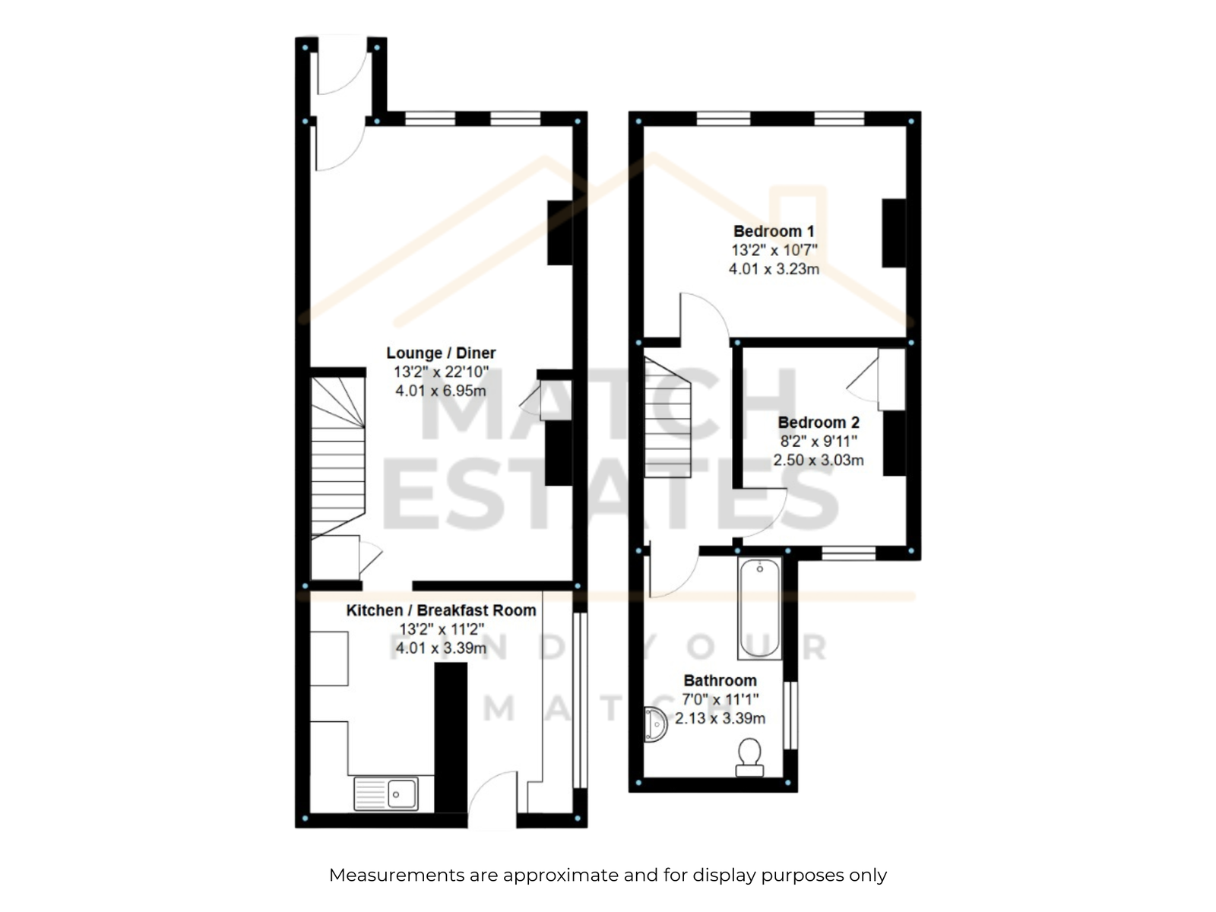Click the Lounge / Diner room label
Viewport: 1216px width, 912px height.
(440, 353)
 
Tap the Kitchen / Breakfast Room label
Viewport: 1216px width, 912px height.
(441, 610)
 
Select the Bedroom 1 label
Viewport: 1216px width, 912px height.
(774, 231)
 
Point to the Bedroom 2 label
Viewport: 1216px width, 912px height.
(819, 423)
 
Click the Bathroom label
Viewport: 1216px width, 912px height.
(720, 680)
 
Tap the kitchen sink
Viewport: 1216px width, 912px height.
(385, 794)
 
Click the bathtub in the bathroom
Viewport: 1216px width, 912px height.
(759, 608)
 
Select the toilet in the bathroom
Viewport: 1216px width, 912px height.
(749, 757)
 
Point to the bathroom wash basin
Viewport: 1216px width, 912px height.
(655, 724)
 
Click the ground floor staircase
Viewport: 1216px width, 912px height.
(337, 458)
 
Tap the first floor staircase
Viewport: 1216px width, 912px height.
(667, 417)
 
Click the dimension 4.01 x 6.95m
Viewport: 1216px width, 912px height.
(440, 391)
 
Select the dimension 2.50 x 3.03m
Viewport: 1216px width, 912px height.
(819, 460)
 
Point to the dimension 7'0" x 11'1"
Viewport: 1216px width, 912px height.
(720, 700)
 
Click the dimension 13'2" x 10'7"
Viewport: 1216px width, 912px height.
(774, 250)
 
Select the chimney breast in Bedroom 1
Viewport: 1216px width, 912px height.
(894, 233)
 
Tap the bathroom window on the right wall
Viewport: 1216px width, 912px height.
(790, 715)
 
